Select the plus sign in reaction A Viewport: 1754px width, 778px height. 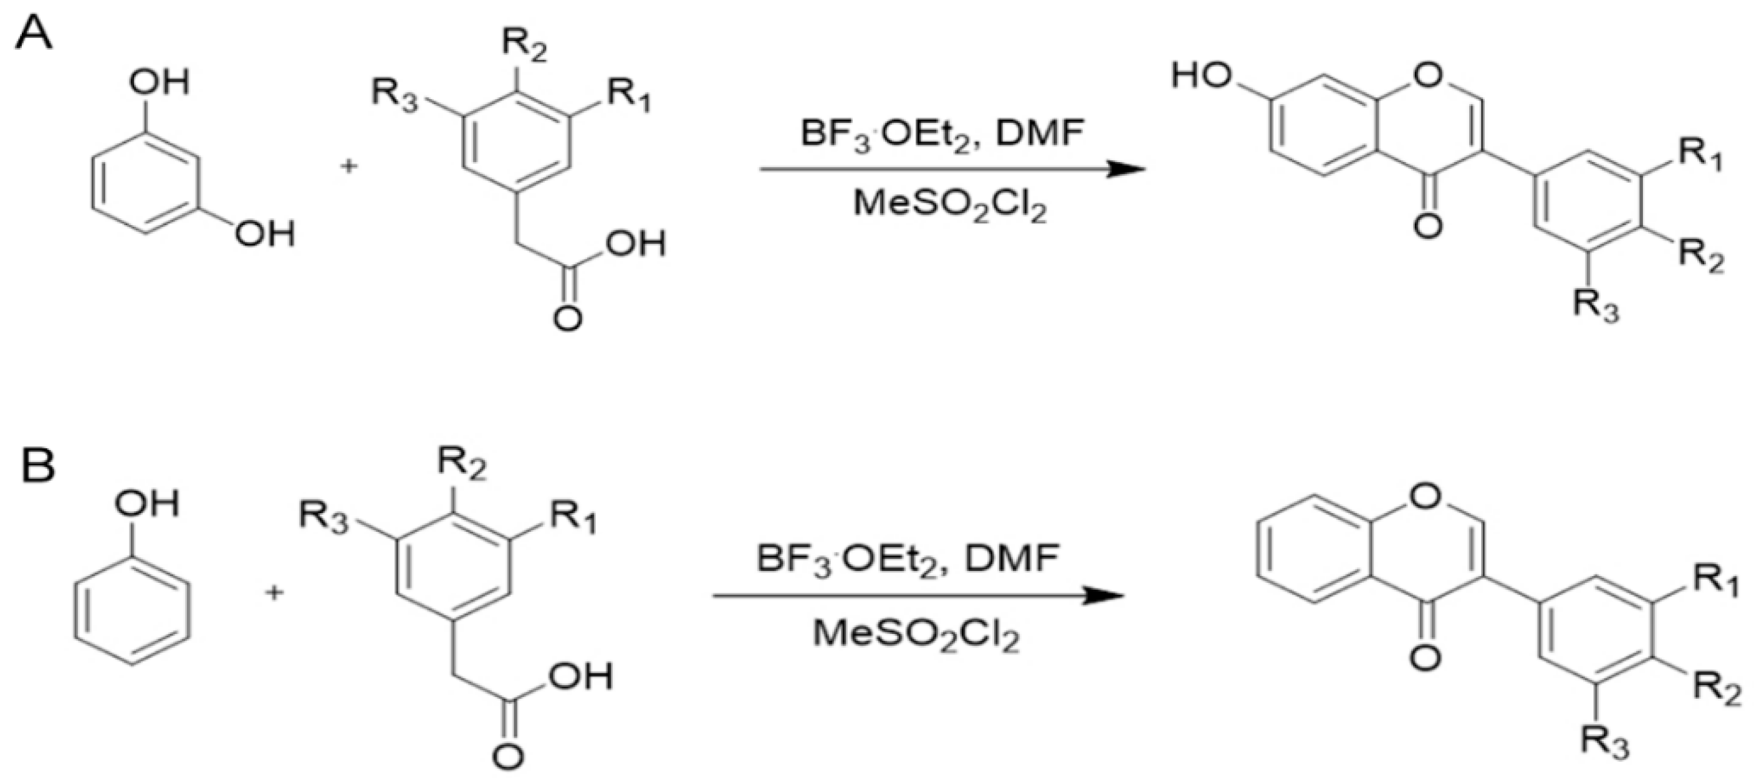click(349, 166)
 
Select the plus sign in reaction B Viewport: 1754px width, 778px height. click(274, 593)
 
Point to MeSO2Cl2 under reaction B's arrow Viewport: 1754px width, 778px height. click(916, 634)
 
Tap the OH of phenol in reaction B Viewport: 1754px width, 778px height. click(147, 505)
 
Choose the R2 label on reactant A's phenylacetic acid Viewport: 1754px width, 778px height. click(524, 46)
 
